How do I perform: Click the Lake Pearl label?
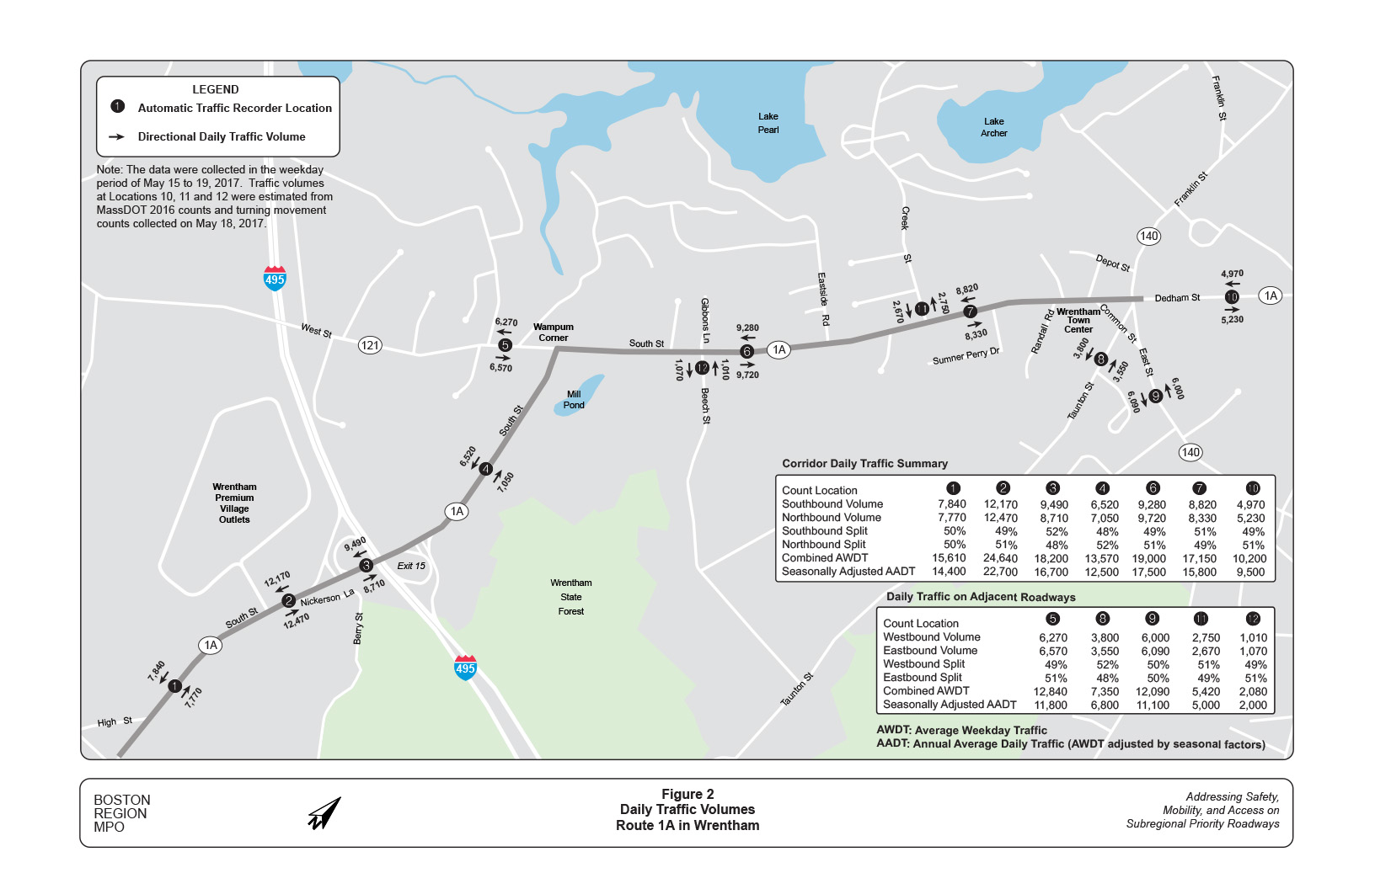[x=768, y=123]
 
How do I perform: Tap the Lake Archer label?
[x=993, y=127]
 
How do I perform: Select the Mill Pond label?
[x=574, y=400]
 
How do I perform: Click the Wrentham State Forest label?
[x=571, y=597]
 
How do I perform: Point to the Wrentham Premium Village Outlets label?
[x=234, y=503]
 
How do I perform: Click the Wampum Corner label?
[x=553, y=333]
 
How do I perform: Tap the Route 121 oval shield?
[x=370, y=344]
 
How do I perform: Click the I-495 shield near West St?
[x=275, y=278]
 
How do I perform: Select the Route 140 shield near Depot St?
[x=1148, y=237]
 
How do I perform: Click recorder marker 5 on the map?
[x=505, y=344]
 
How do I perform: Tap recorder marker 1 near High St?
[x=174, y=686]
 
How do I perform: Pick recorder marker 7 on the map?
[x=970, y=311]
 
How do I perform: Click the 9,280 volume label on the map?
[x=747, y=328]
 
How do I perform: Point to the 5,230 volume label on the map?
[x=1232, y=320]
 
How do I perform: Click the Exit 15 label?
[x=411, y=566]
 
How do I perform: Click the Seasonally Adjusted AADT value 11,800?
[x=1051, y=705]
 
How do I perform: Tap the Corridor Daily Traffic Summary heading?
[x=864, y=464]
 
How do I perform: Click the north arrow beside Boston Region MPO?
[x=324, y=813]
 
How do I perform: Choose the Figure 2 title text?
[x=687, y=795]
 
